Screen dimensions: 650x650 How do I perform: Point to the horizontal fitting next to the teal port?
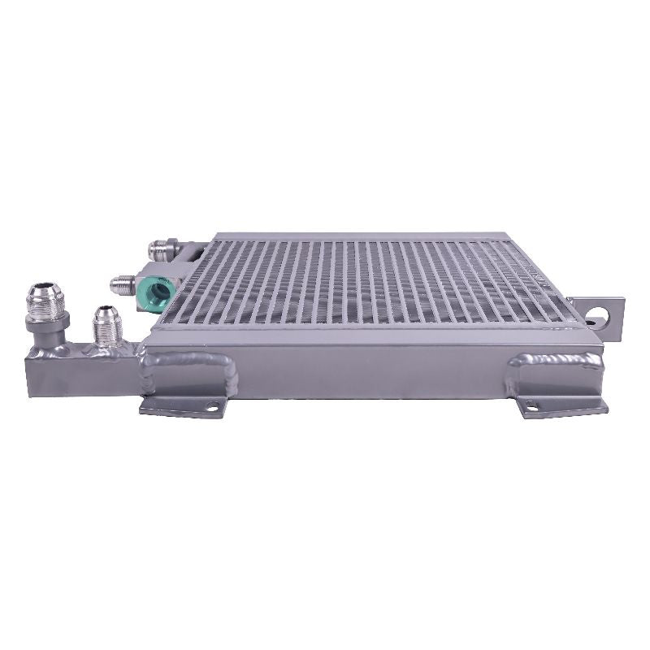pyautogui.click(x=125, y=284)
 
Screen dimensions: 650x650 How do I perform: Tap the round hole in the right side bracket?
pyautogui.click(x=603, y=311)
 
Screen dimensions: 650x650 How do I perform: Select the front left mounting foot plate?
pyautogui.click(x=183, y=405)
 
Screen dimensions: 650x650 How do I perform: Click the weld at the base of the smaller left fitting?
pyautogui.click(x=106, y=347)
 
